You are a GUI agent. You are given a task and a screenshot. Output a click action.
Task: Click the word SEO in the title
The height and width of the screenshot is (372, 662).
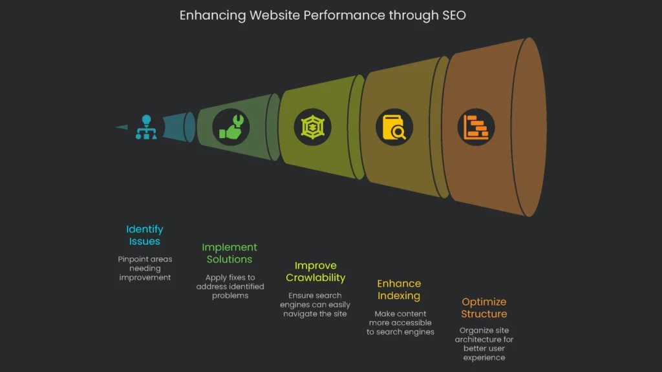(x=453, y=15)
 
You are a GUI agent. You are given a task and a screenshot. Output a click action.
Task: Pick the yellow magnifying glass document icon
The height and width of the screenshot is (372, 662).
(x=394, y=127)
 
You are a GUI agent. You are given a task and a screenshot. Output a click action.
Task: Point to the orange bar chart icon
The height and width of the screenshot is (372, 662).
(x=476, y=127)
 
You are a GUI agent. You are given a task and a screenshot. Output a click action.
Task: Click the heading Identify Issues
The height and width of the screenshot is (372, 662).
(x=144, y=235)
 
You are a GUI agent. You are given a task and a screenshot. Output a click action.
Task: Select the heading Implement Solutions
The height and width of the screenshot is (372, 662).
(x=230, y=253)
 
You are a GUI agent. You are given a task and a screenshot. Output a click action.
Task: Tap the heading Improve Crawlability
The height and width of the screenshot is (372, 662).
(x=315, y=271)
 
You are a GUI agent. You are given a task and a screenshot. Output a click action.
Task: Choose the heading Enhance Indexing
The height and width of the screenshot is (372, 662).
(x=399, y=289)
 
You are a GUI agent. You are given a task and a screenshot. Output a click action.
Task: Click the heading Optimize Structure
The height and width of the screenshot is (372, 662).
(x=484, y=307)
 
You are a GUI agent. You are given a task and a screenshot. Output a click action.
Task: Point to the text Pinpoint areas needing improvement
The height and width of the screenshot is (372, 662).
(x=144, y=268)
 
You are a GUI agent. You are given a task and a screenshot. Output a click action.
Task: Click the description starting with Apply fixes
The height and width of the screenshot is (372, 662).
(x=230, y=286)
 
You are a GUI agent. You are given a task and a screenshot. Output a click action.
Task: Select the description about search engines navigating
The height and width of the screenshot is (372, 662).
(x=315, y=304)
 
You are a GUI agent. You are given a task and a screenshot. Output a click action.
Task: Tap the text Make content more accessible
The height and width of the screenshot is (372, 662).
(x=400, y=322)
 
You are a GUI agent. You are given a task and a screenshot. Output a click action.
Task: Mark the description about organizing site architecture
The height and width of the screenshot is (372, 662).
(x=484, y=344)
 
